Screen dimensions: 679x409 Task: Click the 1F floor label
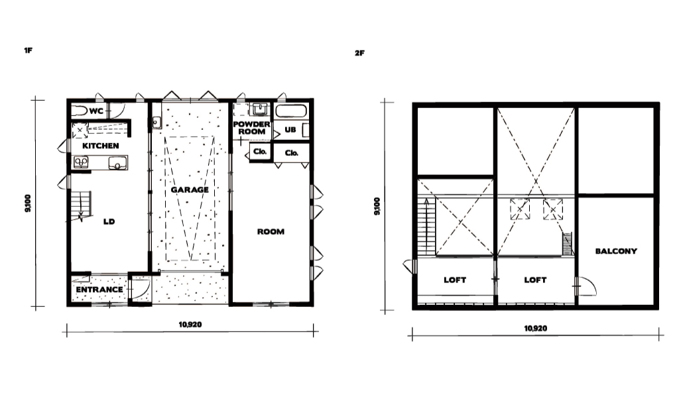pyautogui.click(x=28, y=50)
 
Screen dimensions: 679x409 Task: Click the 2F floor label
pyautogui.click(x=359, y=53)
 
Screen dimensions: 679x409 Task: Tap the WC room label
pyautogui.click(x=96, y=111)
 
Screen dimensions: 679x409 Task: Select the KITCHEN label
pyautogui.click(x=101, y=146)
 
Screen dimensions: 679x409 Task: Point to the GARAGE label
pyautogui.click(x=190, y=190)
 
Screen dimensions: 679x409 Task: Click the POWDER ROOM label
pyautogui.click(x=251, y=128)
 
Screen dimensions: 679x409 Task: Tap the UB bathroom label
pyautogui.click(x=290, y=129)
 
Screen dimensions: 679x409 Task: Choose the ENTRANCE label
pyautogui.click(x=99, y=290)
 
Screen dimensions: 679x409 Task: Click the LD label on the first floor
pyautogui.click(x=109, y=221)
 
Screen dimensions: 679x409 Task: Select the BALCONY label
pyautogui.click(x=616, y=251)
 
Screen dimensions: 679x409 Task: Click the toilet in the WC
pyautogui.click(x=80, y=110)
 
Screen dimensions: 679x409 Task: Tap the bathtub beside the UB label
pyautogui.click(x=291, y=111)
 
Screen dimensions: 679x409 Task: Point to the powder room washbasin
pyautogui.click(x=259, y=109)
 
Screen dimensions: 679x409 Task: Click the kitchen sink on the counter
pyautogui.click(x=117, y=162)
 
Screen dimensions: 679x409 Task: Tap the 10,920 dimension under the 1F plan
pyautogui.click(x=190, y=324)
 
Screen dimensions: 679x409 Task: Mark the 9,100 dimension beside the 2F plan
pyautogui.click(x=377, y=206)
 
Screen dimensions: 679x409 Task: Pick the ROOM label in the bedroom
pyautogui.click(x=271, y=231)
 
